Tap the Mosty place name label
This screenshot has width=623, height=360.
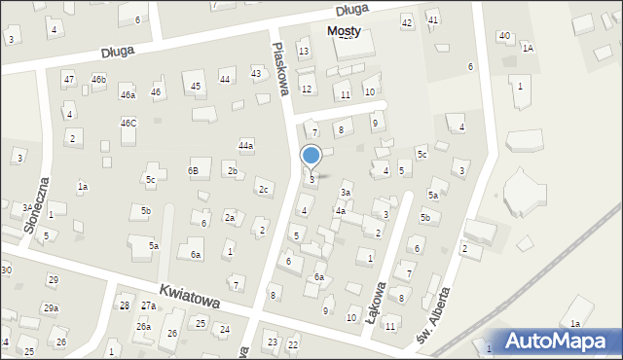[x=344, y=30]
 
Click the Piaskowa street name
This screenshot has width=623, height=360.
[x=282, y=69]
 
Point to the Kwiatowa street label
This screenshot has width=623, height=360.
[x=190, y=297]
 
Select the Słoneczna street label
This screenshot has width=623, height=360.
[x=35, y=204]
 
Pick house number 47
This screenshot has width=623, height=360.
[x=68, y=79]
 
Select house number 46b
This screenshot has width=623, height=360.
[x=98, y=79]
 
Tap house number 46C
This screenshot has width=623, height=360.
[x=128, y=124]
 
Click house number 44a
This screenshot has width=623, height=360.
[x=246, y=146]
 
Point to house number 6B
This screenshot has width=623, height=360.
[x=193, y=171]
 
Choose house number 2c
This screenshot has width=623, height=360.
[x=263, y=190]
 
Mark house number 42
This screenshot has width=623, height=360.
[x=407, y=22]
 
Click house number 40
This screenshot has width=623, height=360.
[x=503, y=36]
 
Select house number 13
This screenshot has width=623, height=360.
[x=304, y=52]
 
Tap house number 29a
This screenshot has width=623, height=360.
[x=50, y=308]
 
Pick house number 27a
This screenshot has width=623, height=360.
[x=148, y=306]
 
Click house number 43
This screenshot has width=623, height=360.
[x=256, y=73]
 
